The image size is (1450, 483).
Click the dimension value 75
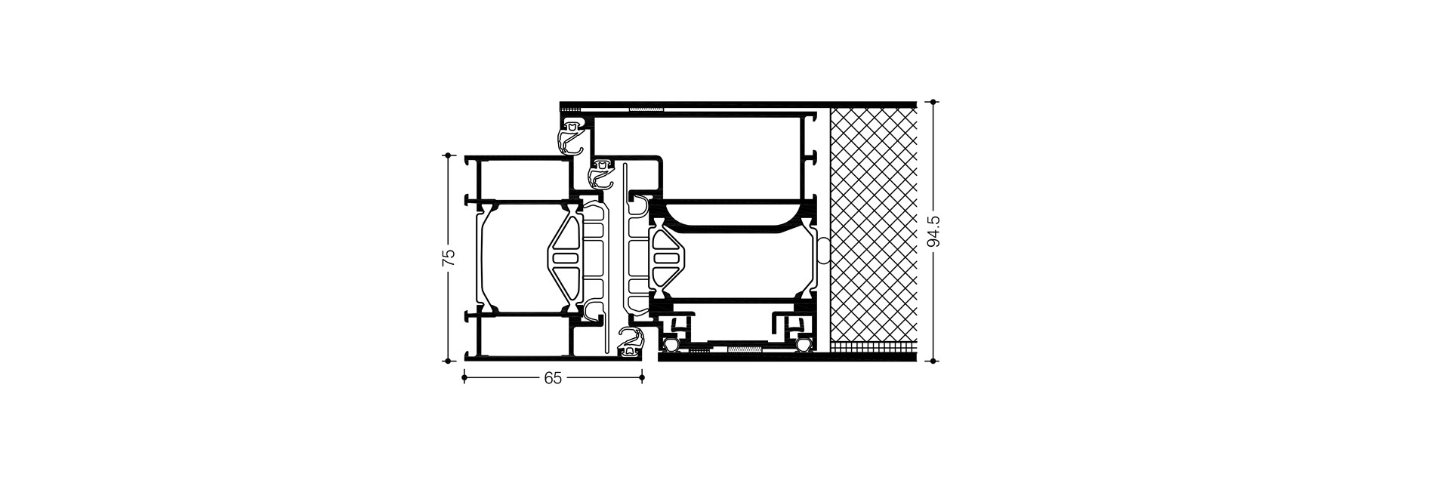449,257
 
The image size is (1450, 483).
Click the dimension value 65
553,378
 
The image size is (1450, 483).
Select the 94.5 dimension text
935,231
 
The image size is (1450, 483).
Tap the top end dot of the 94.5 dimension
935,102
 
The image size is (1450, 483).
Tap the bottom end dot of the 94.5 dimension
935,361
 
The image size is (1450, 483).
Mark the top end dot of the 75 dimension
449,155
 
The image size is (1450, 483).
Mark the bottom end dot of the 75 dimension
449,361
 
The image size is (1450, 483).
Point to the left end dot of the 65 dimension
463,377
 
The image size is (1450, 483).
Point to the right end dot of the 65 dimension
643,377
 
